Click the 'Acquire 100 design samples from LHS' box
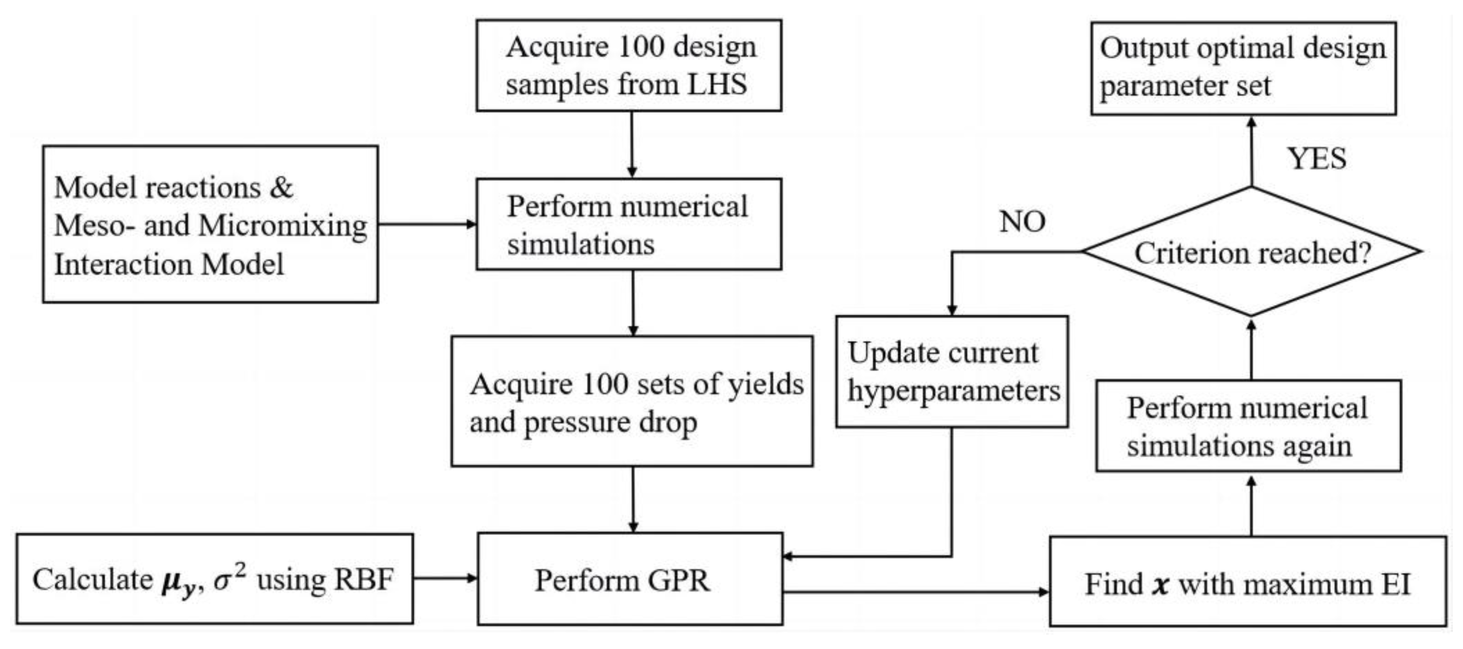point(629,65)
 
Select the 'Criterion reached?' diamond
point(1252,252)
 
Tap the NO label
point(1022,222)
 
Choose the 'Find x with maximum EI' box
point(1247,582)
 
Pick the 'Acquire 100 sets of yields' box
point(632,402)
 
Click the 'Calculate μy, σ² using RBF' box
point(214,580)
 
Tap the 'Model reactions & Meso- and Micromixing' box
point(210,224)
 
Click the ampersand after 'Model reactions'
point(281,188)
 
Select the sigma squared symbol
point(230,578)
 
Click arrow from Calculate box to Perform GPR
point(445,578)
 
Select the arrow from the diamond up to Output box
point(1251,151)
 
